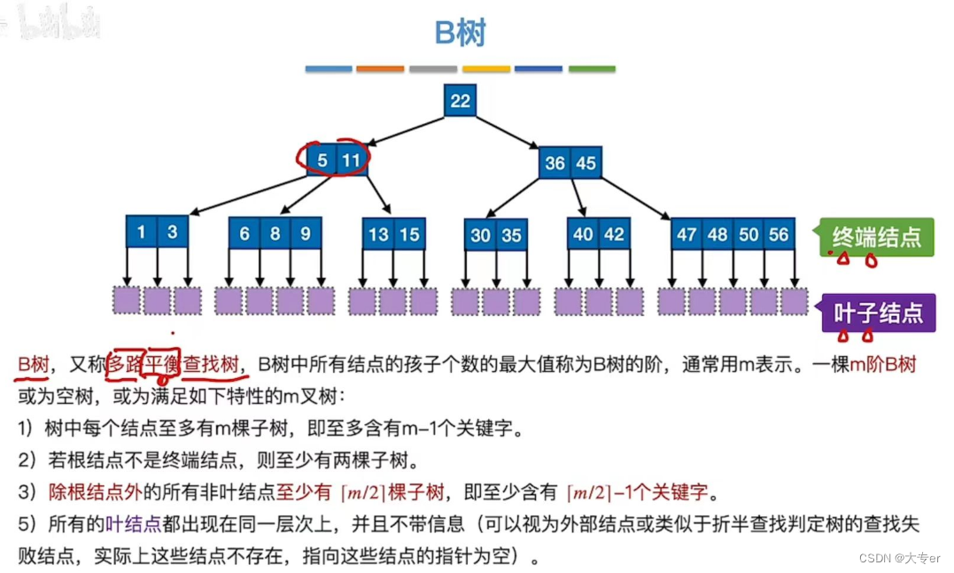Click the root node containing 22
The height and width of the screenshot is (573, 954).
click(x=460, y=101)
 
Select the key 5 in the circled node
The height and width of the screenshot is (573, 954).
click(x=323, y=161)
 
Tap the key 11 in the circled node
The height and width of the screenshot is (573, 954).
click(x=352, y=161)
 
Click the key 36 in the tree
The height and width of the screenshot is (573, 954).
click(x=555, y=163)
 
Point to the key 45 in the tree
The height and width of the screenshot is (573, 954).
click(x=585, y=163)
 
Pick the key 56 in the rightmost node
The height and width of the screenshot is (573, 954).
click(x=779, y=235)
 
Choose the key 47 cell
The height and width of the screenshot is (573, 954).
click(x=686, y=235)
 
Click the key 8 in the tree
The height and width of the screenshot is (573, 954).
click(x=275, y=234)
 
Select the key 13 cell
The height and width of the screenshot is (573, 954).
click(x=378, y=235)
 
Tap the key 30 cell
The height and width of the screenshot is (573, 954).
click(x=480, y=236)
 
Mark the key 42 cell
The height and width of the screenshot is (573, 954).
click(x=614, y=235)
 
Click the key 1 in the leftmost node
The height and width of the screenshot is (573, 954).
click(x=142, y=233)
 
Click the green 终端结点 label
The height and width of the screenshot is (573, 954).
click(x=877, y=236)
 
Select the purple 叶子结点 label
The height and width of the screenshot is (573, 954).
click(x=878, y=313)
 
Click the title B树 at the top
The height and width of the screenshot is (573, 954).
click(x=460, y=33)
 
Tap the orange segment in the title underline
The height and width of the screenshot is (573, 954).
click(x=380, y=68)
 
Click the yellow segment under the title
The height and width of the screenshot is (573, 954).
click(x=486, y=68)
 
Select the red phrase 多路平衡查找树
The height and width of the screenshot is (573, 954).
click(x=174, y=364)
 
